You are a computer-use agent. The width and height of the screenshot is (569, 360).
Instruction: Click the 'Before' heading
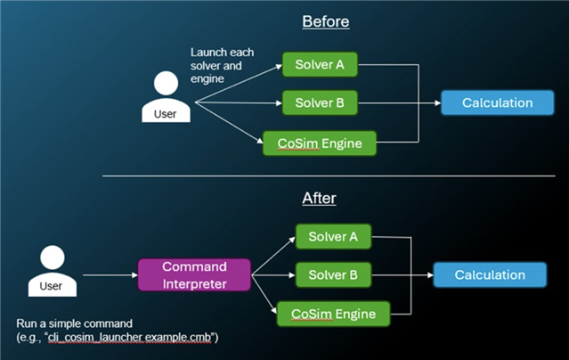(x=326, y=21)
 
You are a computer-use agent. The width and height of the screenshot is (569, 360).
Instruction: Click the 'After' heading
(x=319, y=199)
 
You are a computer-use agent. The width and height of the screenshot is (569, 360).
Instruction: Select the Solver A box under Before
(x=320, y=65)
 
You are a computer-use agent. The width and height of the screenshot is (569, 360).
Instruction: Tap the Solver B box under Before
(x=320, y=102)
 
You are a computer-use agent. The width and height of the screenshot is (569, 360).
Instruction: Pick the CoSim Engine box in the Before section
(x=320, y=143)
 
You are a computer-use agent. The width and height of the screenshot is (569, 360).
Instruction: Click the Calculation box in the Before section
(x=498, y=102)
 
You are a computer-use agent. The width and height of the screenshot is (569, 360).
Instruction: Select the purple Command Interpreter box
(x=194, y=275)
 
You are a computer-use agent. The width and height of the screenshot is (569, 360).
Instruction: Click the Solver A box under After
(x=333, y=236)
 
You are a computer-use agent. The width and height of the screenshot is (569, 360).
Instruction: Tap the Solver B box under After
(x=333, y=275)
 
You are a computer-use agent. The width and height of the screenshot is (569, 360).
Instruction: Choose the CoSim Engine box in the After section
(x=333, y=314)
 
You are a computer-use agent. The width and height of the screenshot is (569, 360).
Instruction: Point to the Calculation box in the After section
(x=490, y=275)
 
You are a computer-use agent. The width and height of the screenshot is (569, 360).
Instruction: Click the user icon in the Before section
(x=166, y=96)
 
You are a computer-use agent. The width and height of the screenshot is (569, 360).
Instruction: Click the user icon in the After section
(x=53, y=271)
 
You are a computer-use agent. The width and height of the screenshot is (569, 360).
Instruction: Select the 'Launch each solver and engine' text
(x=222, y=65)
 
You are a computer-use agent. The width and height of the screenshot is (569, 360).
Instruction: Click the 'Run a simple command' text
(x=75, y=323)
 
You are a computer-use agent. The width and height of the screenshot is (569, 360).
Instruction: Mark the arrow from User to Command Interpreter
(x=110, y=275)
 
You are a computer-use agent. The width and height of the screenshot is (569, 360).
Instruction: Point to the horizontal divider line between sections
(x=329, y=176)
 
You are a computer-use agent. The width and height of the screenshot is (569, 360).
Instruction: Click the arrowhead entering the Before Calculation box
(x=438, y=102)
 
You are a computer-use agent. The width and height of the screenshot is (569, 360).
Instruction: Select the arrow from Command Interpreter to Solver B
(x=273, y=275)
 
